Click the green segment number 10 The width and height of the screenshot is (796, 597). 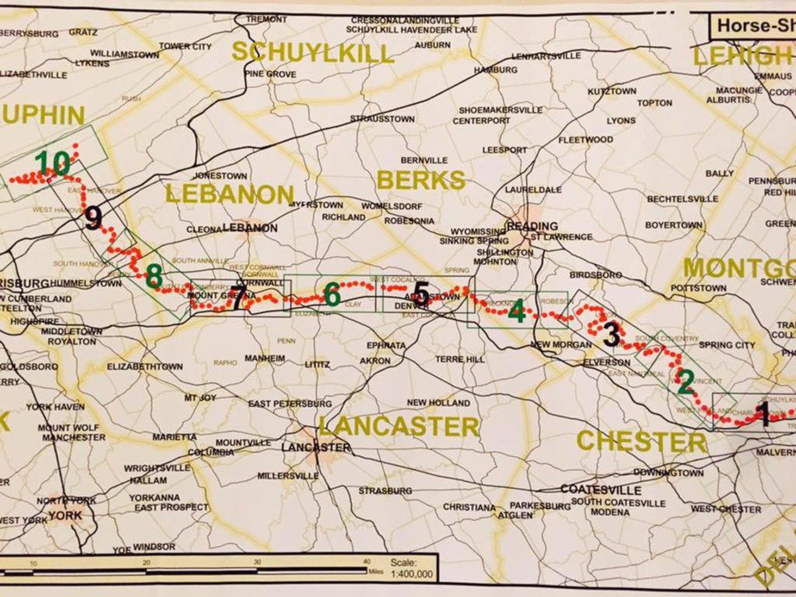(x=52, y=163)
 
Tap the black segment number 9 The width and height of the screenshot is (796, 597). (x=93, y=218)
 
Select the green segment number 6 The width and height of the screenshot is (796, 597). (x=332, y=295)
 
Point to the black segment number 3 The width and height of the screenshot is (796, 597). (x=612, y=334)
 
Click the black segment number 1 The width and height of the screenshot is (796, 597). (x=763, y=417)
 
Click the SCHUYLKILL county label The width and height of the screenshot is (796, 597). (x=313, y=52)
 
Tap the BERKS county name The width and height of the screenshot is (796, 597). (x=421, y=180)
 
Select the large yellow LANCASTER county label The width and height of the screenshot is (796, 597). (x=399, y=426)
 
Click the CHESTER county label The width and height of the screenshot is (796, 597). (x=641, y=442)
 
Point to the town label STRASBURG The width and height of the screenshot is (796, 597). (x=386, y=491)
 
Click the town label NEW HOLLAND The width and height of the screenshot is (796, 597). (x=438, y=403)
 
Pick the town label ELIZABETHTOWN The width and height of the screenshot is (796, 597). (x=145, y=366)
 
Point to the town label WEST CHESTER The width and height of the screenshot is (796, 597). (x=726, y=509)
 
